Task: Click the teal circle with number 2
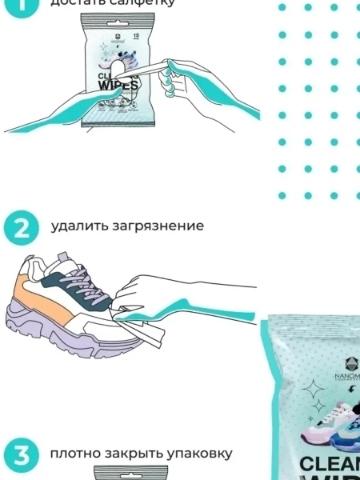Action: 21,227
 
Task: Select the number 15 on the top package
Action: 136,37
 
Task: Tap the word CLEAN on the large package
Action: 330,464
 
